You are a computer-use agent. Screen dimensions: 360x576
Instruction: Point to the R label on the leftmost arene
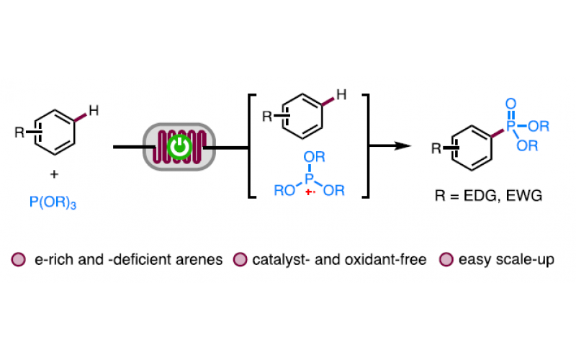pos(19,132)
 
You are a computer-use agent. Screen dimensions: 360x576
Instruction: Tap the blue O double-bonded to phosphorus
pos(510,105)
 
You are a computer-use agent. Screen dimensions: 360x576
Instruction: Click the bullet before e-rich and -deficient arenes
pos(18,259)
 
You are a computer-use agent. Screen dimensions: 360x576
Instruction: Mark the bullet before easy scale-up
pos(446,259)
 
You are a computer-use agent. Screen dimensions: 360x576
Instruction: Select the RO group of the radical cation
pos(284,191)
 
